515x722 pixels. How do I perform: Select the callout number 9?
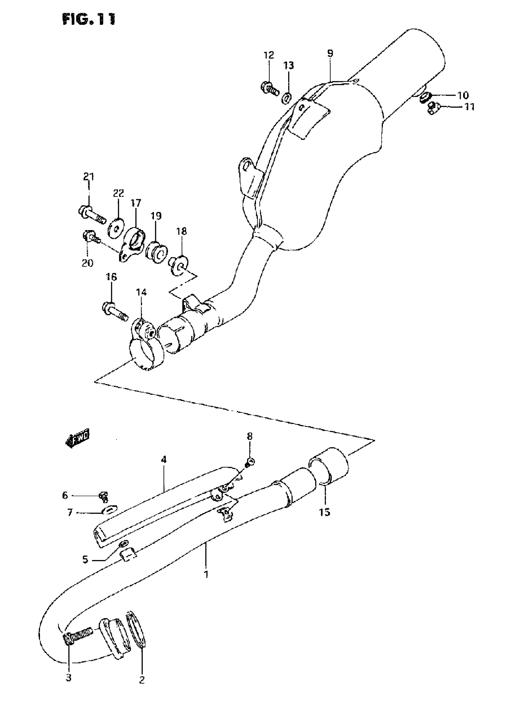330,53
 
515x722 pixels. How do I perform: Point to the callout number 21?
89,177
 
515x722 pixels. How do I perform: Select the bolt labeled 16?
115,311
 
